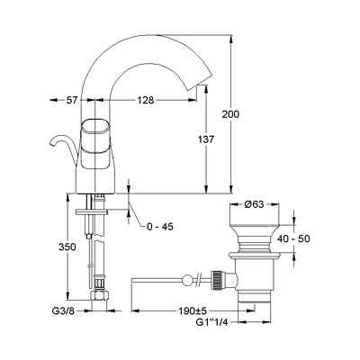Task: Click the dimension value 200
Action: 230,114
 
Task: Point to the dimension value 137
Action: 206,139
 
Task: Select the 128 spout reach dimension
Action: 146,100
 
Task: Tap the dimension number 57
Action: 72,100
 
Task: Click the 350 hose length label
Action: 67,247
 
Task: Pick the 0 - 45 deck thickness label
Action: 160,227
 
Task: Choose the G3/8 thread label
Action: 63,311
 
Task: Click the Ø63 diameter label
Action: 254,204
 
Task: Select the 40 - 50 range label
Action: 293,238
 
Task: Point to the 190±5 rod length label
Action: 191,311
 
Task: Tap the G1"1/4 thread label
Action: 212,322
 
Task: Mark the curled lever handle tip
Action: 51,143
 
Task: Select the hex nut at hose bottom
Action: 100,294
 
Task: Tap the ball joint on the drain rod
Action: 186,280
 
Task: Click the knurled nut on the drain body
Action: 217,280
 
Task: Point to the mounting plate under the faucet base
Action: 92,211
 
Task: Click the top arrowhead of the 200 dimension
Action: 230,39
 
